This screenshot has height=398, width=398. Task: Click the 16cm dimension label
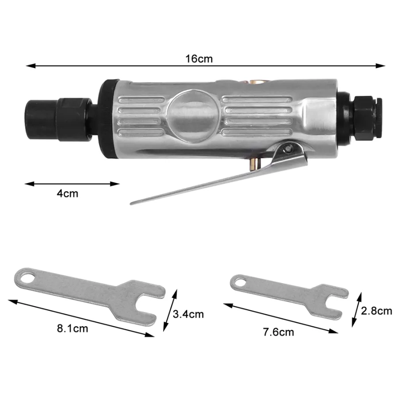pyautogui.click(x=199, y=59)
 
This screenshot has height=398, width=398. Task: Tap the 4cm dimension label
pyautogui.click(x=67, y=194)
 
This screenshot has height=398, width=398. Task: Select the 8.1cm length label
pyautogui.click(x=73, y=329)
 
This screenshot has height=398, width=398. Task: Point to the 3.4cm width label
pyautogui.click(x=188, y=314)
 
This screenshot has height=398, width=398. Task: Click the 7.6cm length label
pyautogui.click(x=279, y=332)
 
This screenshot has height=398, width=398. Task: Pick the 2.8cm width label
pyautogui.click(x=377, y=311)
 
